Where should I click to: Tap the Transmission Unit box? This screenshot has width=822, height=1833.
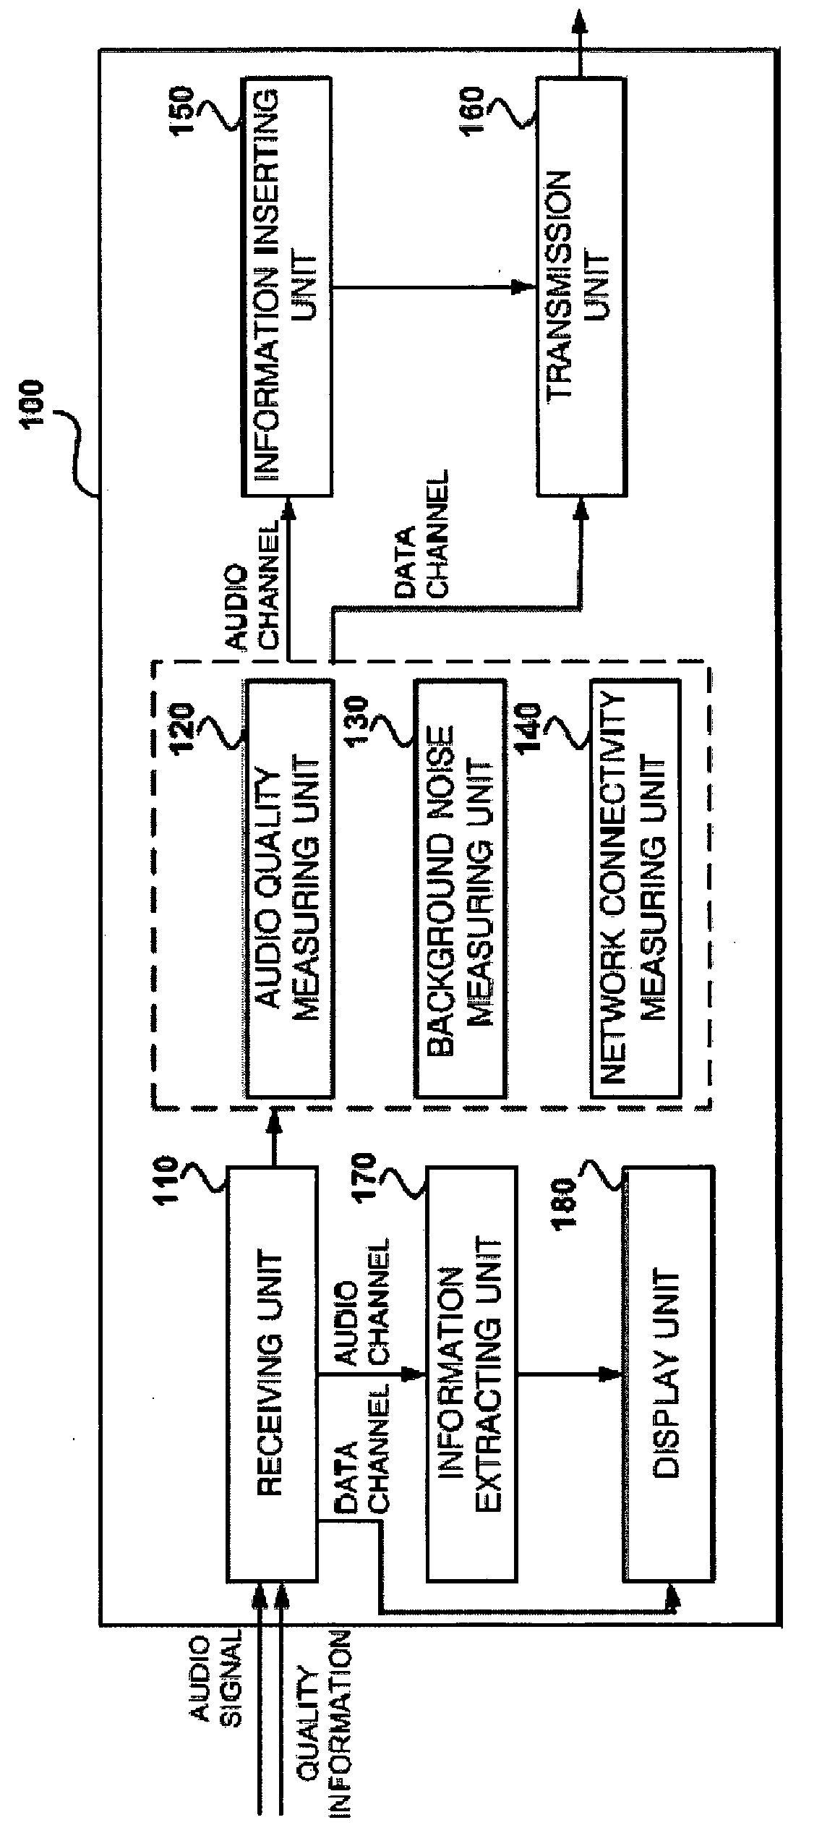tap(581, 287)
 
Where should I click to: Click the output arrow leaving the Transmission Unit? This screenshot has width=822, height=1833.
tap(580, 40)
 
